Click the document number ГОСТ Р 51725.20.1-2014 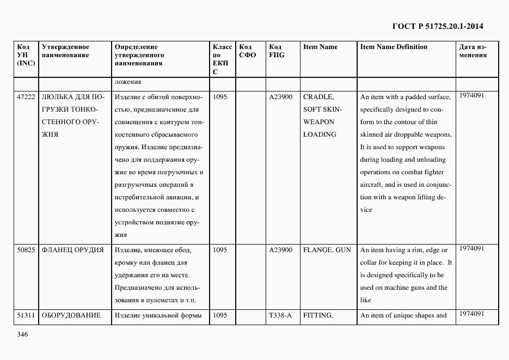438,26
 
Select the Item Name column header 320,47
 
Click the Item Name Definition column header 394,47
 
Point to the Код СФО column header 248,51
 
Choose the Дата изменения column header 473,51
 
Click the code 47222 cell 26,97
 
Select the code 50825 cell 26,250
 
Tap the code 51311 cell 26,315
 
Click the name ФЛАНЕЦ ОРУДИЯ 72,250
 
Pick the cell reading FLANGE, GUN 327,250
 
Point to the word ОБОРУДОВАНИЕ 71,315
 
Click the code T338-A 280,315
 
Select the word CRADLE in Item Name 318,97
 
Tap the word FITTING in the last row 318,315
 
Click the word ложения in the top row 128,82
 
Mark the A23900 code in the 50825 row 280,250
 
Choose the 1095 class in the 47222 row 220,97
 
